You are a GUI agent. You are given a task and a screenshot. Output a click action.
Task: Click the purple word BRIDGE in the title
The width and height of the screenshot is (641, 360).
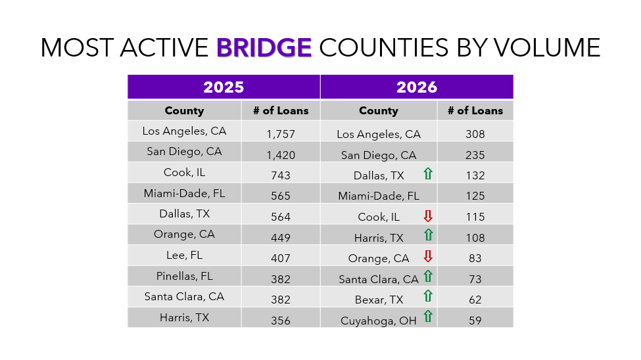tap(264, 47)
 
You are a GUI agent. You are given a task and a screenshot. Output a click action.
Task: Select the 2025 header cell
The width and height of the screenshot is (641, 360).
tap(224, 87)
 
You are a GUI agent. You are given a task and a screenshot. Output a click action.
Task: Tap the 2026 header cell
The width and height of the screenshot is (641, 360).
tap(417, 87)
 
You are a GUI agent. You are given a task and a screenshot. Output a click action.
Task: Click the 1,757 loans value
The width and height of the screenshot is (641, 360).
tap(281, 134)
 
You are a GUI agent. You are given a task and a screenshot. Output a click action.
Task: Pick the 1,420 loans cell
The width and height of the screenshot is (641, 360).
tap(281, 155)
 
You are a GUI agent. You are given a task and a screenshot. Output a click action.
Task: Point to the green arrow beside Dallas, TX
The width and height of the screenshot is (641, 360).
tap(428, 174)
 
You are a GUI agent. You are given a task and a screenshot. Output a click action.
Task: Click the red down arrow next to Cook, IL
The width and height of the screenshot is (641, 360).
tap(428, 215)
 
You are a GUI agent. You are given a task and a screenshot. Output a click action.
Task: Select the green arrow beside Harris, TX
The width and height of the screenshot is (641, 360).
tap(428, 235)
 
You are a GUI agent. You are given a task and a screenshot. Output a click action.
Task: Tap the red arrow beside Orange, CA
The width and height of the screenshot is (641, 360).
tap(428, 256)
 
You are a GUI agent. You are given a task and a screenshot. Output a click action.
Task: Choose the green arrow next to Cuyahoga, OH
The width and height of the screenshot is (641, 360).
tap(428, 317)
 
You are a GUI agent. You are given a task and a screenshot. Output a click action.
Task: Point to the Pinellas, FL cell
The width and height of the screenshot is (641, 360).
tap(184, 276)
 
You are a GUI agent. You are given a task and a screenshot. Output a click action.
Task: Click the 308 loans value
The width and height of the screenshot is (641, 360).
tap(475, 134)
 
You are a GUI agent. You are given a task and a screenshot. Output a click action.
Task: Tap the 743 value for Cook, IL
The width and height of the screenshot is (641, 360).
tap(281, 175)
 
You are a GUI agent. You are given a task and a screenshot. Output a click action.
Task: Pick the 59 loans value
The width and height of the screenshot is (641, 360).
tap(475, 321)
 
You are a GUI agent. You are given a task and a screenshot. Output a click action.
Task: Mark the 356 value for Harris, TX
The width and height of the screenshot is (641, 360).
tap(281, 321)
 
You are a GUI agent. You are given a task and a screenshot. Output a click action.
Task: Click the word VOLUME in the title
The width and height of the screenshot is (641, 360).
tap(550, 47)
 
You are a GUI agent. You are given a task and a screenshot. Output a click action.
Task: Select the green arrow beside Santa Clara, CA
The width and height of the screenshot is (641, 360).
tap(428, 277)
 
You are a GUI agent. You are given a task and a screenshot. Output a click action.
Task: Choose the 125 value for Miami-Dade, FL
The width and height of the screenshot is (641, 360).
tap(475, 196)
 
